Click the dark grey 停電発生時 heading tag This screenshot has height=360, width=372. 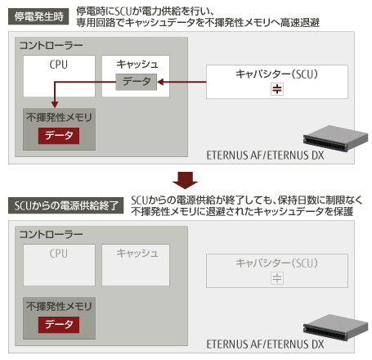(x=38, y=16)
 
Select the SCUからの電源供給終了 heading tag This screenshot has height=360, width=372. (x=65, y=205)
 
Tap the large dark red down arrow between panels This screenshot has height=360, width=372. (x=186, y=180)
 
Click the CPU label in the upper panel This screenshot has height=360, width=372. (x=59, y=65)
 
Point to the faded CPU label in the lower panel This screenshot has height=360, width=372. (x=59, y=254)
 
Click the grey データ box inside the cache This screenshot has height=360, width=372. (x=137, y=82)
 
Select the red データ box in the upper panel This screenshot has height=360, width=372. (x=59, y=136)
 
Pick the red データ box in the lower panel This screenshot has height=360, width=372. (x=59, y=325)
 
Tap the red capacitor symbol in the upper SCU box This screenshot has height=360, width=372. (x=277, y=89)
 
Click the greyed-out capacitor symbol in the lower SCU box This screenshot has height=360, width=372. (x=277, y=278)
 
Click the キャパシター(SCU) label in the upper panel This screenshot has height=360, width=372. (x=277, y=74)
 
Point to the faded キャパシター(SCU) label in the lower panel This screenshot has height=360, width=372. (x=277, y=263)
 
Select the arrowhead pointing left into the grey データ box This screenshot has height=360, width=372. (x=160, y=82)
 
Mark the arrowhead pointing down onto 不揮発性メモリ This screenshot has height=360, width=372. (x=55, y=105)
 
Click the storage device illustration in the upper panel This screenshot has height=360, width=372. (x=335, y=138)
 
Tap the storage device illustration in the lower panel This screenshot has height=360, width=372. (x=335, y=327)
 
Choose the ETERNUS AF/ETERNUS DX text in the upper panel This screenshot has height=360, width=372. (x=265, y=155)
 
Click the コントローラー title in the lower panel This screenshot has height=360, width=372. (x=51, y=235)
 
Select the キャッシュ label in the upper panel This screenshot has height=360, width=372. (x=137, y=65)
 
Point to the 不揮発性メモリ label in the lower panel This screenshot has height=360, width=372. (x=59, y=307)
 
